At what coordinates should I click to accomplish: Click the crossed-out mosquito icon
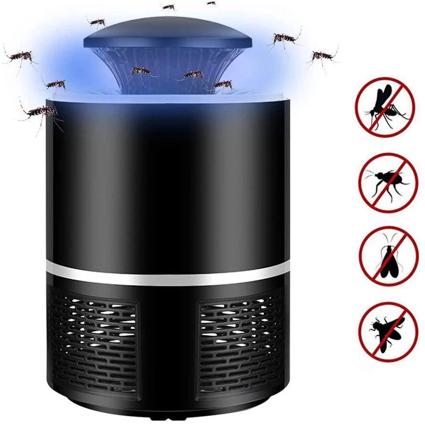coord(384,107)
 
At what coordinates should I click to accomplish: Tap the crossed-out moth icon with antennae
coord(389,256)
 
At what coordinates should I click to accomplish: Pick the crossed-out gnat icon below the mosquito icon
coord(388,182)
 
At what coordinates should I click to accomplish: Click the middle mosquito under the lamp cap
coord(194,74)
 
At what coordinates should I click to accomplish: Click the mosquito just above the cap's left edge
coord(97,22)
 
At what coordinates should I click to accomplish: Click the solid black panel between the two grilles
coord(169,345)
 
